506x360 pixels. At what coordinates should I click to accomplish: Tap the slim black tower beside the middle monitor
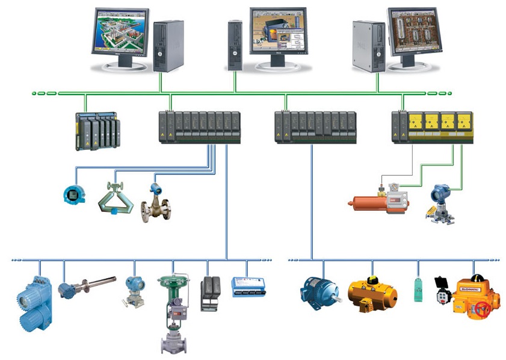[235, 45]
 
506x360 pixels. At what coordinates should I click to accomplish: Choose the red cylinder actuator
[367, 202]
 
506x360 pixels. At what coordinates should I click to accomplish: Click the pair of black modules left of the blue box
[210, 293]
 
